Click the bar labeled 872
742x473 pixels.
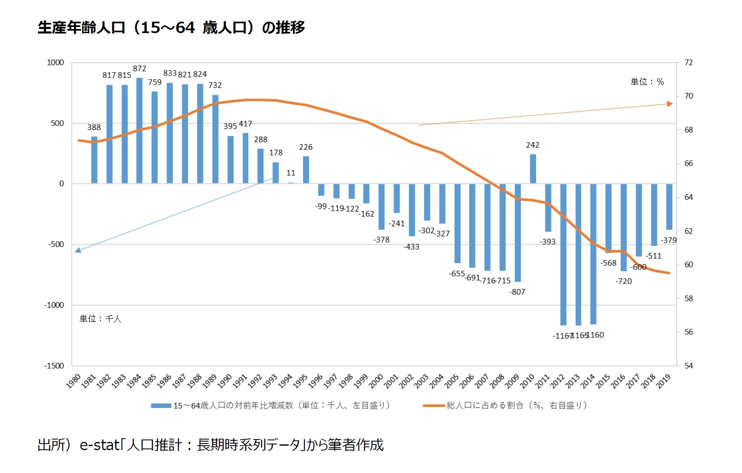pyautogui.click(x=139, y=131)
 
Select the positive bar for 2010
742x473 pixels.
pyautogui.click(x=533, y=169)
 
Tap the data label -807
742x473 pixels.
pyautogui.click(x=517, y=292)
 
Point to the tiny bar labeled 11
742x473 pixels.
pyautogui.click(x=291, y=183)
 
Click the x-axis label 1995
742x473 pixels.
pyautogui.click(x=300, y=381)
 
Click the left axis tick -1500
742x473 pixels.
pyautogui.click(x=54, y=366)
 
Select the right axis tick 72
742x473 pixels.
pyautogui.click(x=689, y=62)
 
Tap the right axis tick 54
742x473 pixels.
pyautogui.click(x=689, y=366)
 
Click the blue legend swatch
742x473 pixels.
pyautogui.click(x=161, y=406)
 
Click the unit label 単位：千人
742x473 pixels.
pyautogui.click(x=100, y=319)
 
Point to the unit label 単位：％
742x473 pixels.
pyautogui.click(x=647, y=82)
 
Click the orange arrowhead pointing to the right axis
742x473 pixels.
pyautogui.click(x=670, y=104)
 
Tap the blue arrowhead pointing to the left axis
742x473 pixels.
pyautogui.click(x=78, y=250)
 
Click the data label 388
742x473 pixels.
pyautogui.click(x=94, y=127)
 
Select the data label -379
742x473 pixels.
pyautogui.click(x=668, y=240)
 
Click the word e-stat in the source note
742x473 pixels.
pyautogui.click(x=99, y=445)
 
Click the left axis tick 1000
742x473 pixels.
pyautogui.click(x=55, y=62)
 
